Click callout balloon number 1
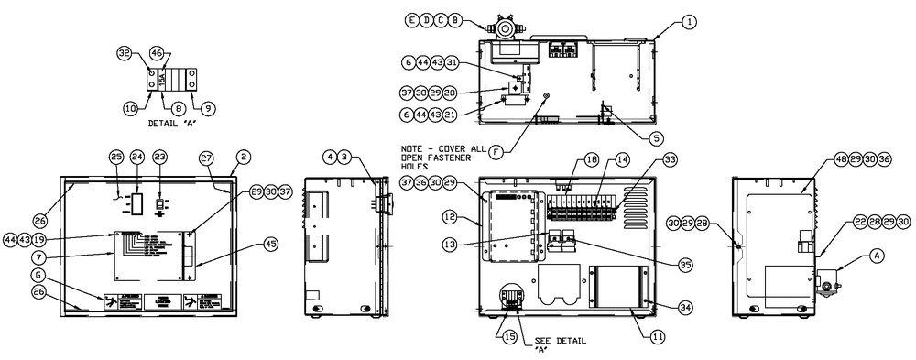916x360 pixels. point(689,20)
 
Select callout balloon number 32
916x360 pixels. point(125,54)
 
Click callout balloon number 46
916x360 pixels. point(157,54)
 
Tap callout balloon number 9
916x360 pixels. point(209,108)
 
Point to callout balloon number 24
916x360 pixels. point(138,157)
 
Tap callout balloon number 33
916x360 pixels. point(670,159)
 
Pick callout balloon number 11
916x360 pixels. point(658,336)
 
